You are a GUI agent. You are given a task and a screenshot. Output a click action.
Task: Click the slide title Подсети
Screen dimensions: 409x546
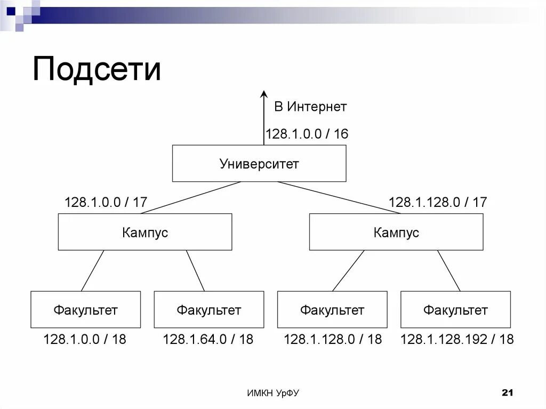pyautogui.click(x=97, y=69)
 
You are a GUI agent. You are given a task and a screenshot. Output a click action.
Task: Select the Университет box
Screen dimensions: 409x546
pyautogui.click(x=259, y=163)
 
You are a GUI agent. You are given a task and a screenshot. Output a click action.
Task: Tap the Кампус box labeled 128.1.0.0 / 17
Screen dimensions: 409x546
pyautogui.click(x=145, y=232)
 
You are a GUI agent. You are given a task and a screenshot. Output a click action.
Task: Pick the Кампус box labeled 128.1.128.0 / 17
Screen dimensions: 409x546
pyautogui.click(x=396, y=232)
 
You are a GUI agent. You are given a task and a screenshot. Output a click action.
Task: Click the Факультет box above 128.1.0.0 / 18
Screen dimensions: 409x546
pyautogui.click(x=85, y=309)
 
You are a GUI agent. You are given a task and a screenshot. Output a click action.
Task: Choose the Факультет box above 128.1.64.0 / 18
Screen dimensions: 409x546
pyautogui.click(x=209, y=309)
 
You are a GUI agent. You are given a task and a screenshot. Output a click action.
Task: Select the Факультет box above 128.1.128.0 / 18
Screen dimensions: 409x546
pyautogui.click(x=332, y=309)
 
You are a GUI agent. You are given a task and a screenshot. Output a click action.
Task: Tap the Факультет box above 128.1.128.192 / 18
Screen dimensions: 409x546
pyautogui.click(x=455, y=309)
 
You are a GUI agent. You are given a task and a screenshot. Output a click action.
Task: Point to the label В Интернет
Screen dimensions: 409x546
pyautogui.click(x=310, y=107)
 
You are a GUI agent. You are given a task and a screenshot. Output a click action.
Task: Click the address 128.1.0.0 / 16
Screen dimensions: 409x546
pyautogui.click(x=307, y=134)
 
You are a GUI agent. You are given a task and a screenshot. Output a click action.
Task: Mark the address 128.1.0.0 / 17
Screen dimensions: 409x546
pyautogui.click(x=106, y=203)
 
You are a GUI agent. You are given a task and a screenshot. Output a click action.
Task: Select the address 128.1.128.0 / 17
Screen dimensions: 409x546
pyautogui.click(x=438, y=203)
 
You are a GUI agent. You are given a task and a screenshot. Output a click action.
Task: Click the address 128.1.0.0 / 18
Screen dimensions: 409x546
pyautogui.click(x=85, y=339)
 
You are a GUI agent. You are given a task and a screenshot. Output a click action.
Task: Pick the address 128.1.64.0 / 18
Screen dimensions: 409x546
pyautogui.click(x=208, y=339)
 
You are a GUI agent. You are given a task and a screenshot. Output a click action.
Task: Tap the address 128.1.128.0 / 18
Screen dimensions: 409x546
pyautogui.click(x=333, y=339)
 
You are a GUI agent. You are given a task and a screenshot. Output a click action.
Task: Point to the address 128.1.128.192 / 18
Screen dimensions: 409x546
pyautogui.click(x=457, y=339)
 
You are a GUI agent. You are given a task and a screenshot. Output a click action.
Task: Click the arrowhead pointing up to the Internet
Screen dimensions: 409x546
pyautogui.click(x=263, y=95)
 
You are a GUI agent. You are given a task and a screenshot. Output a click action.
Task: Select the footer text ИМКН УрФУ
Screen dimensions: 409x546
pyautogui.click(x=273, y=394)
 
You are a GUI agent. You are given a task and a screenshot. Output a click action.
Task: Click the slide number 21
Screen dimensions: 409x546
pyautogui.click(x=507, y=393)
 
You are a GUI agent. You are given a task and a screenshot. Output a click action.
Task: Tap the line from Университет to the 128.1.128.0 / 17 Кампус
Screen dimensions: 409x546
pyautogui.click(x=339, y=197)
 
